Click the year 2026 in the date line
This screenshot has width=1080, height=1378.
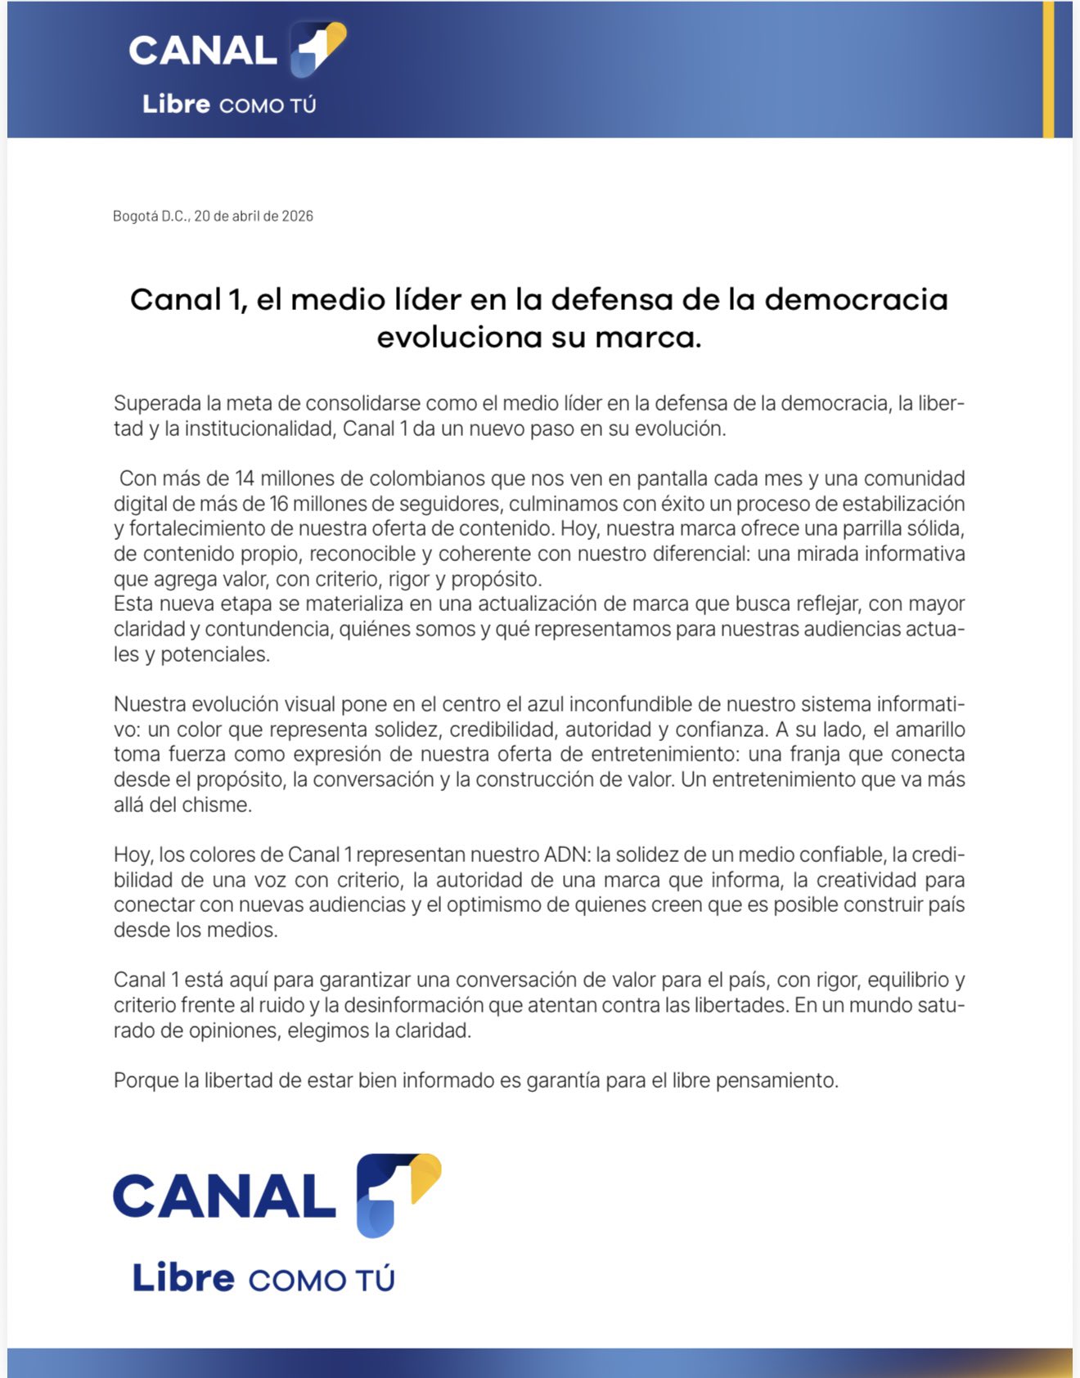click(x=297, y=216)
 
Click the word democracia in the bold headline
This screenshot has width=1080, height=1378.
click(x=856, y=299)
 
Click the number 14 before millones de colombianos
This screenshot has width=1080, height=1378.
click(x=245, y=478)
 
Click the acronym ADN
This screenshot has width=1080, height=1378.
click(x=565, y=855)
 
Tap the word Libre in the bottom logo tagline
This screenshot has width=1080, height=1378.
click(x=183, y=1278)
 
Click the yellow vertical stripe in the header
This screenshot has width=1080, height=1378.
click(x=1048, y=70)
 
